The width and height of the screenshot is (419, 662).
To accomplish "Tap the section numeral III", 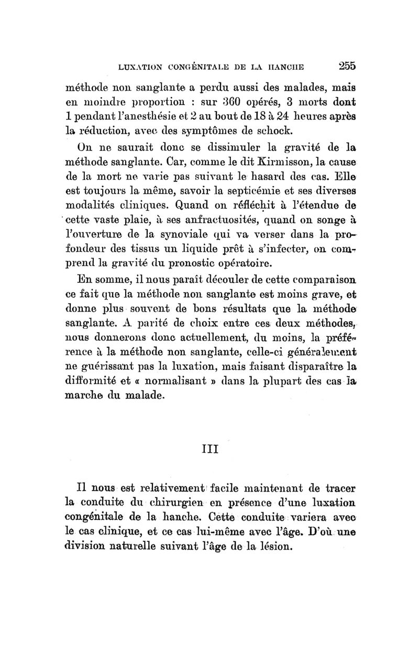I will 209,449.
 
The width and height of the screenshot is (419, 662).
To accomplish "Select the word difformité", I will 87,387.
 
